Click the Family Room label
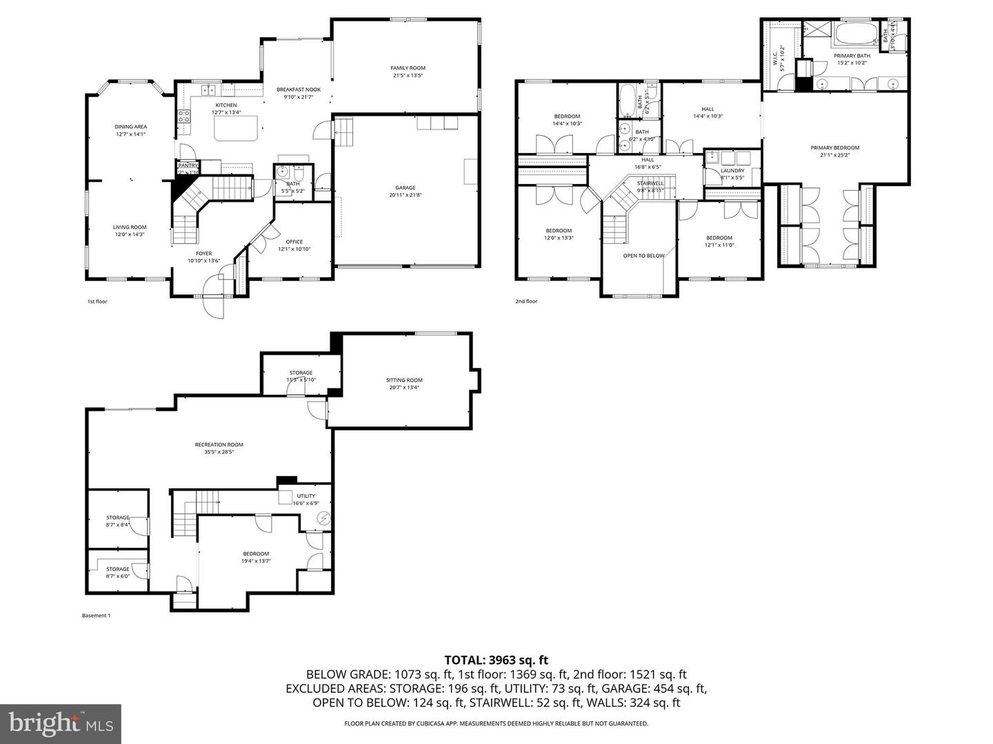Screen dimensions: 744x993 pos(408,68)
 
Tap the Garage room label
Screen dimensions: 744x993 pos(405,187)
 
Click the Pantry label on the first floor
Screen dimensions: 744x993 pos(188,165)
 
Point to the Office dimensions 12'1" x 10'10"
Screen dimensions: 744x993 pos(294,249)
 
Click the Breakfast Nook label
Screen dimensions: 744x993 pos(299,90)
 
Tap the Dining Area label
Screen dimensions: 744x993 pos(130,127)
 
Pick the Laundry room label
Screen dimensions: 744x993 pos(732,170)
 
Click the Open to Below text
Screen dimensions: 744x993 pos(643,256)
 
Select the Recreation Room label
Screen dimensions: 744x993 pos(219,444)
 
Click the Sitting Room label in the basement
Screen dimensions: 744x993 pos(404,380)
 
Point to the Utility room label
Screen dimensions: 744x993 pos(305,496)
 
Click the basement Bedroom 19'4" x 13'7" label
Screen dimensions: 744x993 pos(256,554)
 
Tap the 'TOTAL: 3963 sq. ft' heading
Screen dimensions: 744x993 pos(496,661)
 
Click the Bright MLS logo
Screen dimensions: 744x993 pos(61,723)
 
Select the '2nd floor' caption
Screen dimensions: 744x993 pos(526,301)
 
